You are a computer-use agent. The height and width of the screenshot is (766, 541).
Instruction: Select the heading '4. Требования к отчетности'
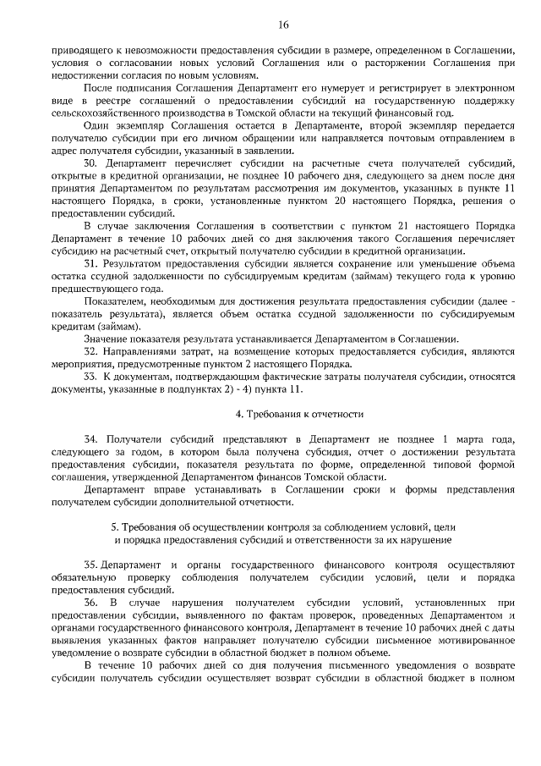[x=298, y=415]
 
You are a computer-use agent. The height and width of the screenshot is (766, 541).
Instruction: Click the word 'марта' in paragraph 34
[x=470, y=441]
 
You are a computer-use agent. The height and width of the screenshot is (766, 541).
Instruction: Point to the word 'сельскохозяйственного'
[x=110, y=111]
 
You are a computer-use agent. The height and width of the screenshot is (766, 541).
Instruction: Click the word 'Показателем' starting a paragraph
[x=115, y=302]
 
